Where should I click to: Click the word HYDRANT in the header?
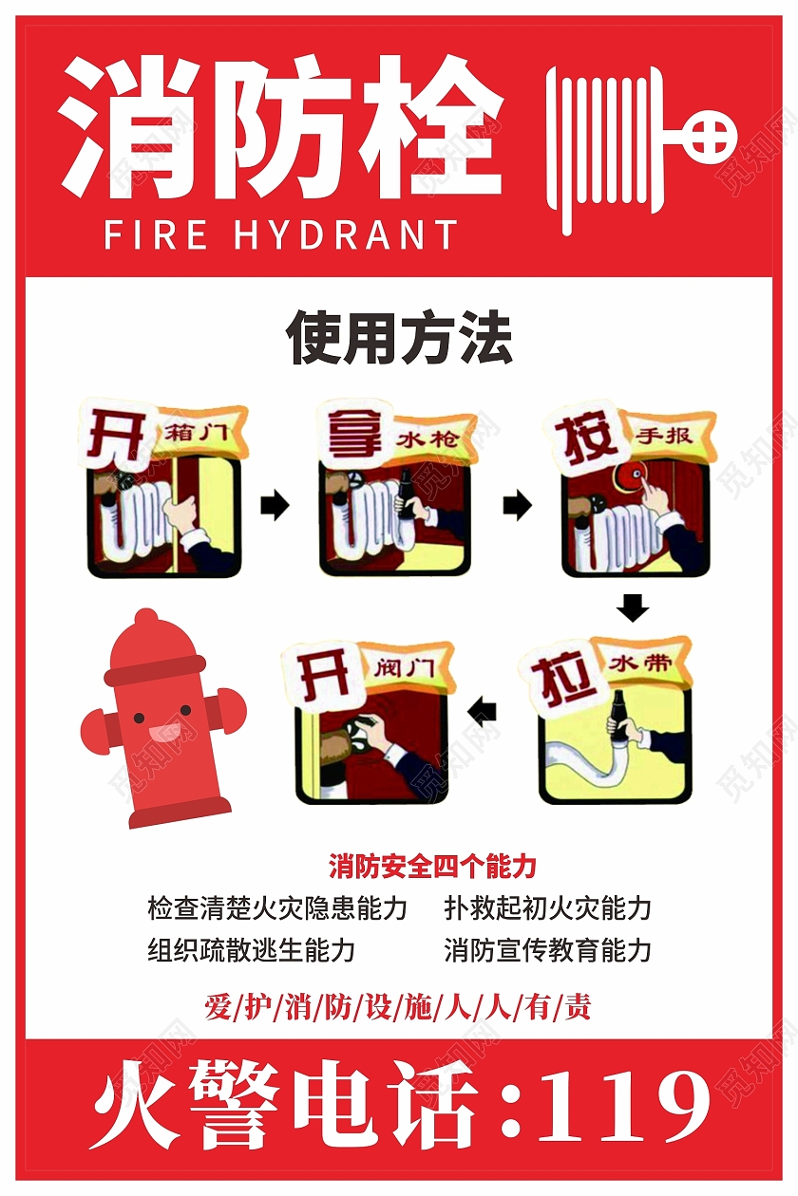coord(346,234)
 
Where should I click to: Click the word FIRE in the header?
coord(156,234)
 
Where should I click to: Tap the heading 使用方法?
coord(399,338)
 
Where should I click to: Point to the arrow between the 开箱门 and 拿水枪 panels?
coord(275,505)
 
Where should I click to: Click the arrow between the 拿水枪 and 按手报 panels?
coord(518,505)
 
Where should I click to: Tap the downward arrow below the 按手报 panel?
coord(633,607)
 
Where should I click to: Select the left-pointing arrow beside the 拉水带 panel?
coord(482,711)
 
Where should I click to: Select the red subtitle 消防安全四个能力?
coord(432,866)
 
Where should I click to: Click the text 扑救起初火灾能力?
coord(547,908)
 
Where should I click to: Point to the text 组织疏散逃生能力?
coord(251,950)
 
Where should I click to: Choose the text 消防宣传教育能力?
coord(547,950)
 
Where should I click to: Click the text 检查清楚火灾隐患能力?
coord(277,908)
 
